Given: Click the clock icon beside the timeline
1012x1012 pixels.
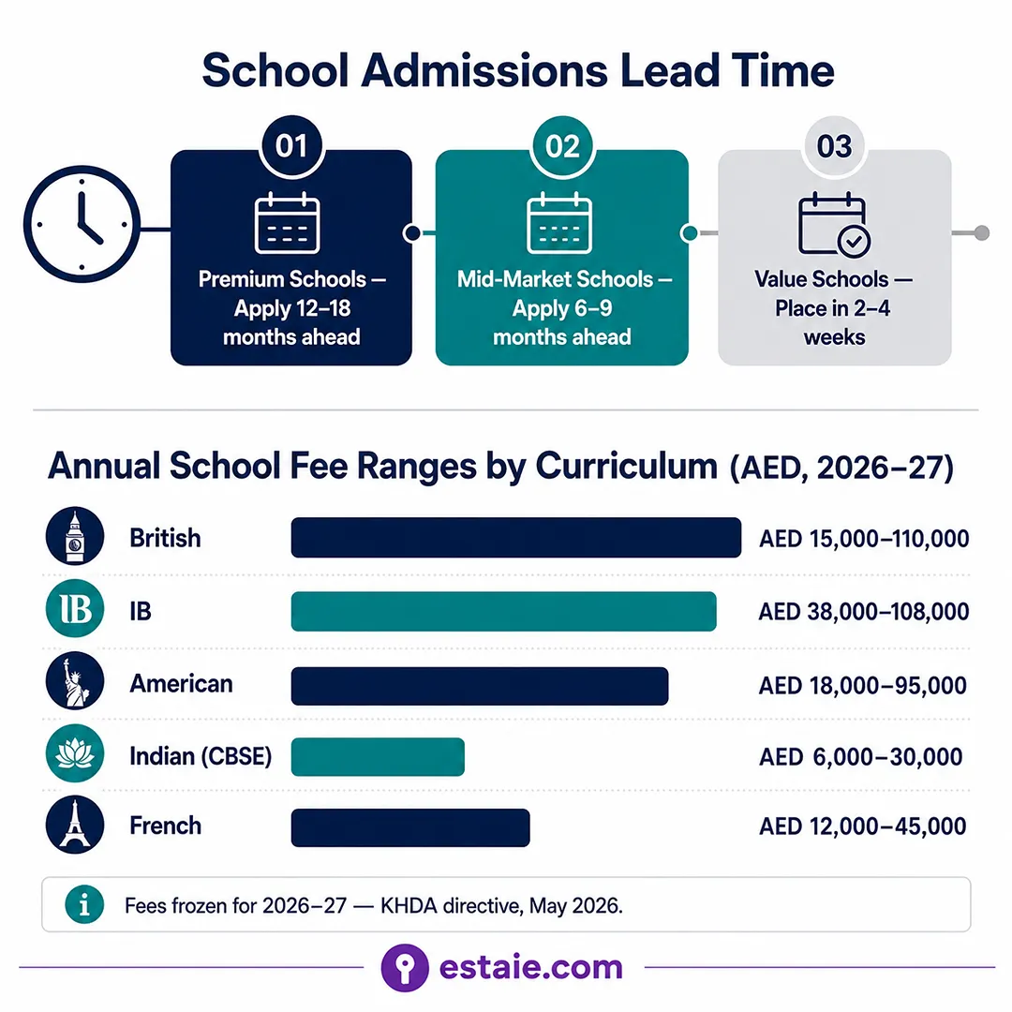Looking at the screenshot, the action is point(82,224).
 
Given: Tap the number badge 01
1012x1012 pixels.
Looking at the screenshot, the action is point(291,146).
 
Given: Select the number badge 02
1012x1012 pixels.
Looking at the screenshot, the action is point(562,146).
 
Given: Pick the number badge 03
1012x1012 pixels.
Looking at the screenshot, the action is point(834,146).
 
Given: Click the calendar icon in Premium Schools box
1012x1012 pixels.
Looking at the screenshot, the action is point(288,223).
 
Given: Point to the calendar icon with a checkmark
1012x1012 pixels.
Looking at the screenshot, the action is point(834,224).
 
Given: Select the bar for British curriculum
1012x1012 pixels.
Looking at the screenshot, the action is point(515,538).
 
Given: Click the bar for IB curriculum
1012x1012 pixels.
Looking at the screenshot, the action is point(503,611).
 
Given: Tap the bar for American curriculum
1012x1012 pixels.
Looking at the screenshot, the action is point(480,685).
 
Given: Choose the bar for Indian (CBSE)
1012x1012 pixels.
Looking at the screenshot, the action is point(378,756).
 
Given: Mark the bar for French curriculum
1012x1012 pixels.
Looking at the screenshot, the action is point(410,827).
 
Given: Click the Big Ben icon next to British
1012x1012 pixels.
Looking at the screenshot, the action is point(75,536).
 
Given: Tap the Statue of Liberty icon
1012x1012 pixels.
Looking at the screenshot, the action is point(75,681).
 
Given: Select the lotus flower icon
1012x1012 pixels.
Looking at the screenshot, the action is point(75,753).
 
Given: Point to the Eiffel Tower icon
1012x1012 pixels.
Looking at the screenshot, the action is point(75,825).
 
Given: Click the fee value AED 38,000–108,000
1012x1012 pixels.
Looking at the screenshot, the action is point(864,611).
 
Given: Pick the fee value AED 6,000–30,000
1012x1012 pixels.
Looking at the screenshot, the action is point(861,756).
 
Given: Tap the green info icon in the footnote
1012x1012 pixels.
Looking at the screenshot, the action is point(84,904).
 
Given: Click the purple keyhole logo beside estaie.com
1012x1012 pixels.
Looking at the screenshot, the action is point(405,967).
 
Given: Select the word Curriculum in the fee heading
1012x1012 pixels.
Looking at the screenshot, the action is point(626,466).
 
